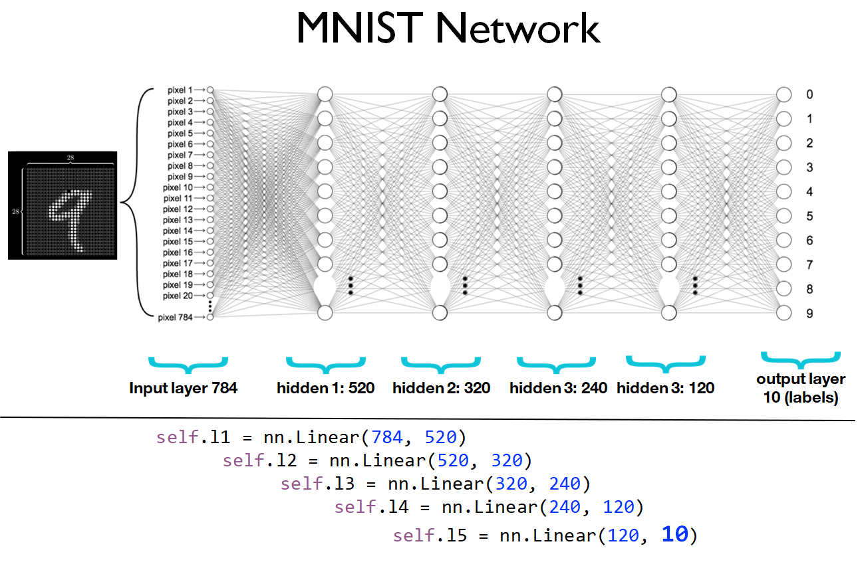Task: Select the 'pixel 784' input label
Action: tap(175, 318)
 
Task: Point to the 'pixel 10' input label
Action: tap(178, 187)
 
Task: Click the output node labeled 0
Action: tap(784, 95)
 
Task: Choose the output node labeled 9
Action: tap(784, 313)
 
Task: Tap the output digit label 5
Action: tap(809, 216)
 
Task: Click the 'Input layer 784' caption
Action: tap(183, 388)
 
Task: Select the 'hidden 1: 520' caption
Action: tap(326, 388)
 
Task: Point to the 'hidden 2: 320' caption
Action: tap(441, 388)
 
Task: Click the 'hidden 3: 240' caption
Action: tap(558, 388)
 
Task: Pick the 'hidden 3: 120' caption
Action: tap(665, 388)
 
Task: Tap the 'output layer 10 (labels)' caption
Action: tap(801, 389)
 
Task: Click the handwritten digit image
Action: tap(63, 205)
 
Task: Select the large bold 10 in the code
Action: tap(674, 534)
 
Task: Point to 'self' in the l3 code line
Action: tap(301, 484)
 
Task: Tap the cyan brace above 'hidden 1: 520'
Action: tap(325, 363)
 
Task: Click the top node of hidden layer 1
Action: tap(325, 94)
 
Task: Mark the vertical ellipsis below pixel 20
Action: tap(210, 306)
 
